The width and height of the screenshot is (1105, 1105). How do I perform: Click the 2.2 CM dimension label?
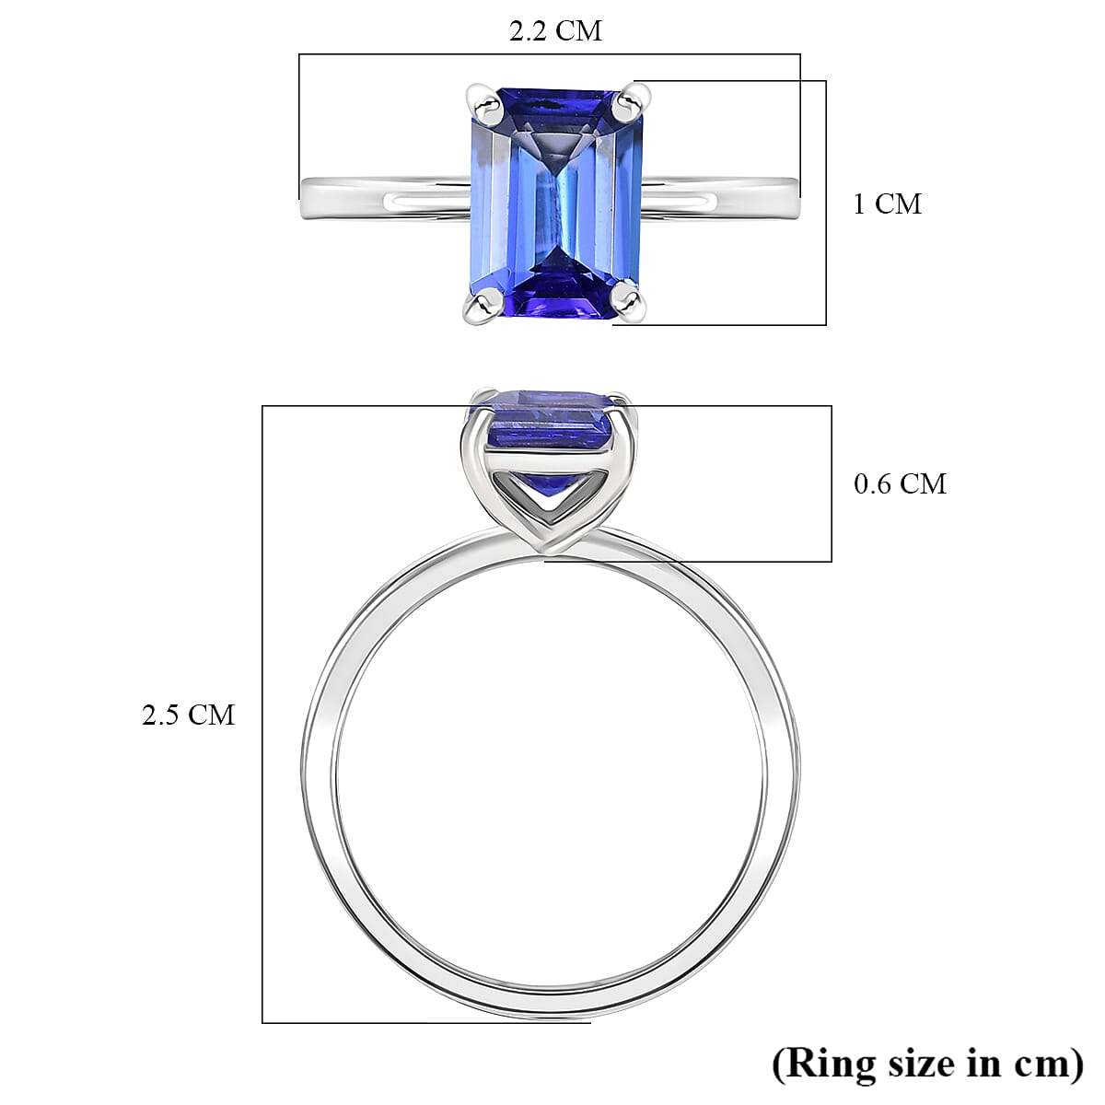click(555, 31)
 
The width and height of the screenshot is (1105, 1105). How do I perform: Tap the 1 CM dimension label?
click(886, 204)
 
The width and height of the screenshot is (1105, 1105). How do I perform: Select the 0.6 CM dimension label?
click(900, 483)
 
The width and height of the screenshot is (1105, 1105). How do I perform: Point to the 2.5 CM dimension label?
click(188, 715)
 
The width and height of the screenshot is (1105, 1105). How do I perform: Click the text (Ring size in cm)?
click(927, 1064)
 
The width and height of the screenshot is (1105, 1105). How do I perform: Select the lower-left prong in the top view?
click(481, 305)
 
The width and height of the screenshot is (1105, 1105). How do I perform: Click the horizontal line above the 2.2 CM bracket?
click(550, 54)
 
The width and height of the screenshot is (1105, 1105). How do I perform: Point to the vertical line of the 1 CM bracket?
click(826, 203)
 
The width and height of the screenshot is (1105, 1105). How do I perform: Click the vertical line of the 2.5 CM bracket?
click(262, 714)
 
